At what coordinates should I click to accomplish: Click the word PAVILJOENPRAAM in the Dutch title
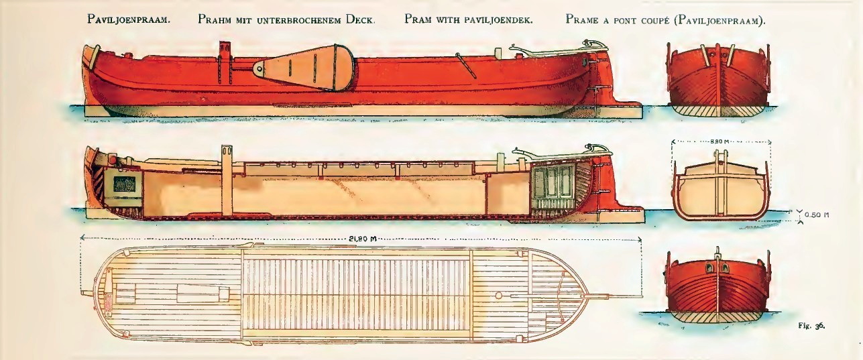(x=129, y=19)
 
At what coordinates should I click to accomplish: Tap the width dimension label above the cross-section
(x=722, y=142)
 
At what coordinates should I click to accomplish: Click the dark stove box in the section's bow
(x=123, y=182)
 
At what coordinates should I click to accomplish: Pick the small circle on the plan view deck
(x=498, y=295)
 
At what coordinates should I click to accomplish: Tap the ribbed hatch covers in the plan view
(x=355, y=295)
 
